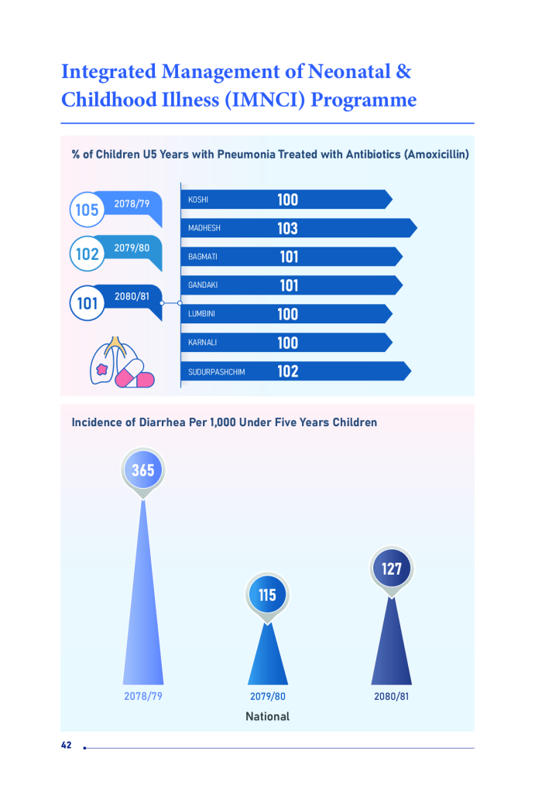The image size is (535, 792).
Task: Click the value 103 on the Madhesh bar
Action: click(287, 228)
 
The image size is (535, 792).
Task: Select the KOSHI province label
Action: click(198, 200)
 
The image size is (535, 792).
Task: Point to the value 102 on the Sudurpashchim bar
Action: click(287, 371)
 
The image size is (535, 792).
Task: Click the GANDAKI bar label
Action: click(203, 285)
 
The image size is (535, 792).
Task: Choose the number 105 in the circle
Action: click(87, 209)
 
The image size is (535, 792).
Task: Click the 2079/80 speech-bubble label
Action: click(132, 248)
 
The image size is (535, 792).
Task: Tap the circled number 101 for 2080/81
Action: click(87, 303)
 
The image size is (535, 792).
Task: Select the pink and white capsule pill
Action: click(135, 377)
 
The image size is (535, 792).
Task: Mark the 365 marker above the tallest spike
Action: click(143, 470)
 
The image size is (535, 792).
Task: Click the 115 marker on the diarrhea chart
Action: click(267, 596)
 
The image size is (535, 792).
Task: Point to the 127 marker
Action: click(392, 569)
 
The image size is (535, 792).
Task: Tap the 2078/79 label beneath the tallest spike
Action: click(143, 696)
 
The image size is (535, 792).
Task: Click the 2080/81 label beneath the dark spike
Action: click(392, 696)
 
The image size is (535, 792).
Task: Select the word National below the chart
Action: click(267, 717)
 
